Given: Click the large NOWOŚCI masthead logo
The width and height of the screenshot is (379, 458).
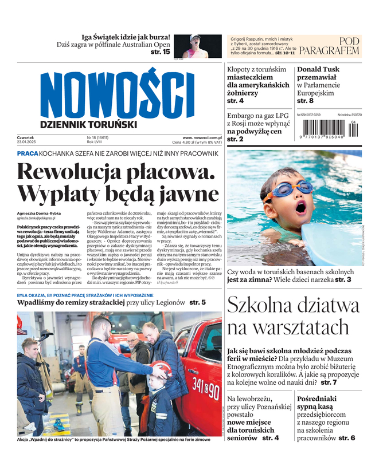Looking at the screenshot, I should click(x=118, y=92).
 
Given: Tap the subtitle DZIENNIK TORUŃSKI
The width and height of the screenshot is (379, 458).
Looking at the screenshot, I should click(x=88, y=124).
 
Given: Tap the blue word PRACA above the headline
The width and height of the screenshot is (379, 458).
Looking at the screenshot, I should click(x=27, y=154).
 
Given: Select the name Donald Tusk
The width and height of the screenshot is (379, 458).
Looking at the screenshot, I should click(x=318, y=69).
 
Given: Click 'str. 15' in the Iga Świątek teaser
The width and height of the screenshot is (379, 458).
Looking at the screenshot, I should click(x=160, y=52).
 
